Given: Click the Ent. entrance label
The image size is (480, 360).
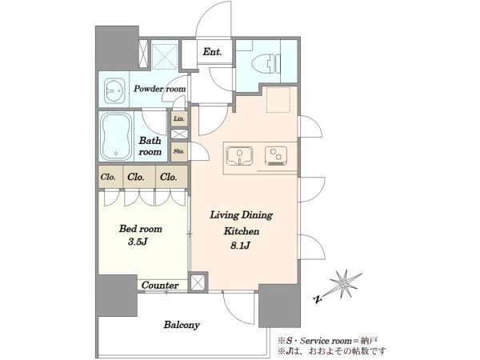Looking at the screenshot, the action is [x=212, y=52].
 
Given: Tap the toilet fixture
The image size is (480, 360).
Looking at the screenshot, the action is [x=266, y=64].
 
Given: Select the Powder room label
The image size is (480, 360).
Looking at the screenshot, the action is [x=160, y=89].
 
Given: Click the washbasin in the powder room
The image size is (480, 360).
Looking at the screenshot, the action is [x=114, y=90].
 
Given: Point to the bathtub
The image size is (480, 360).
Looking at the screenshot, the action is [x=116, y=137].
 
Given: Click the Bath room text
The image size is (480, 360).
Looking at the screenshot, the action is [x=150, y=146].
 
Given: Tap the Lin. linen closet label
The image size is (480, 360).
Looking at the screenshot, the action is [x=179, y=118].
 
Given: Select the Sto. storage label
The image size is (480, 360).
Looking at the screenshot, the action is [x=178, y=151].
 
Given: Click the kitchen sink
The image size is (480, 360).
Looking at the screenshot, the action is [x=239, y=156].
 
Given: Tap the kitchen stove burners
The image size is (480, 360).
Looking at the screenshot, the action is [x=276, y=156].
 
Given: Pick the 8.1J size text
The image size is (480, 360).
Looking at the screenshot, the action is [x=241, y=246].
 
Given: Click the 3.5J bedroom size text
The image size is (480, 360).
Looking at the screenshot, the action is [x=138, y=242].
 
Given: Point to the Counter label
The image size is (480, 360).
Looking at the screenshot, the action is [x=160, y=286].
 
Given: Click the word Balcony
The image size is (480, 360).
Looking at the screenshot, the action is [x=182, y=325].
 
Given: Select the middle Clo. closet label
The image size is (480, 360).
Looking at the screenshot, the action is [x=136, y=177].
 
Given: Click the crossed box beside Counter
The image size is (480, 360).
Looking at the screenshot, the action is [x=198, y=282].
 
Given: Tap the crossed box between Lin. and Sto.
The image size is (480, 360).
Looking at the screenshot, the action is [x=179, y=134].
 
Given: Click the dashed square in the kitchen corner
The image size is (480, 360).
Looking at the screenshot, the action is [x=278, y=100].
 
